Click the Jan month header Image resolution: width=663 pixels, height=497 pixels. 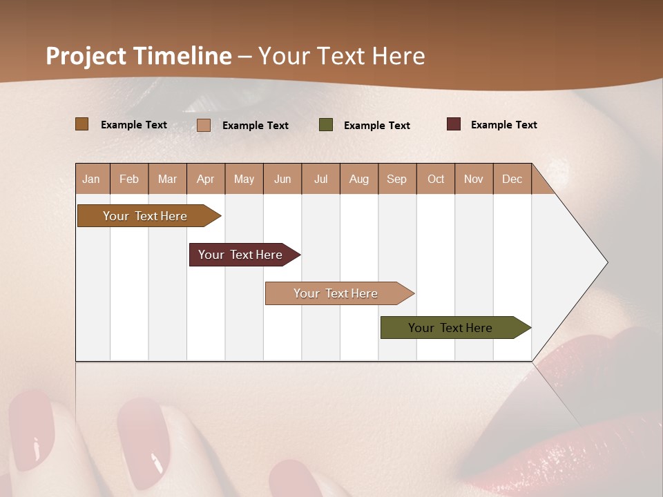92,179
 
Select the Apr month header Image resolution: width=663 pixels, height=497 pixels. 206,179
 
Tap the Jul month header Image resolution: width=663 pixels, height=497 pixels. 320,179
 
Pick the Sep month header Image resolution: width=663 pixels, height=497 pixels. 397,179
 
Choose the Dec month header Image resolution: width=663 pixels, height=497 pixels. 512,179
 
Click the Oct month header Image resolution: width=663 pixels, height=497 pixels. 436,179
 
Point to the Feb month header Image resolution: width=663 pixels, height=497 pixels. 129,179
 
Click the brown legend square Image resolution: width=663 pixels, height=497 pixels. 82,124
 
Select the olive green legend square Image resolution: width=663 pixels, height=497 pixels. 326,125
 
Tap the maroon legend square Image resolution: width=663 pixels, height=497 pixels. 454,124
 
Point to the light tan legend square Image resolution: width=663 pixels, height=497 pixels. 204,125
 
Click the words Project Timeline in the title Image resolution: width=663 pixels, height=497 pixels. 139,56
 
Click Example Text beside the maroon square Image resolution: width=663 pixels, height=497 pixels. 503,125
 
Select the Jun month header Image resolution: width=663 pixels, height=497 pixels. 282,179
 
